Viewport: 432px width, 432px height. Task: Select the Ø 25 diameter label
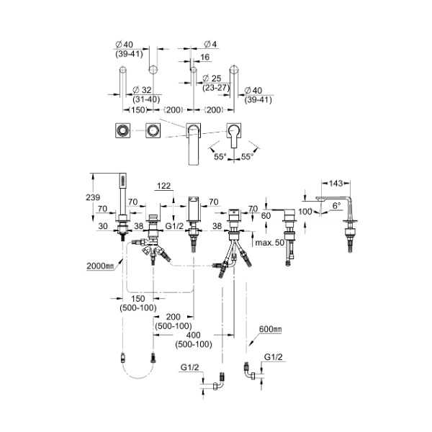click(210, 77)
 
